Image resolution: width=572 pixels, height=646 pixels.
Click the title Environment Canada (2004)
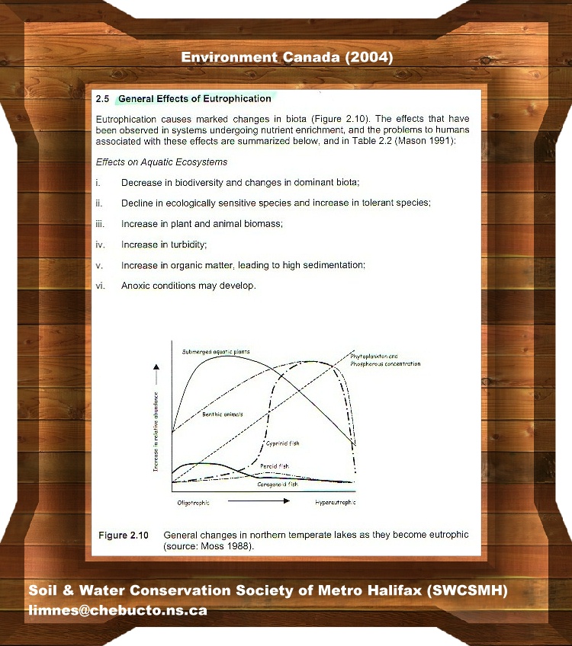(x=286, y=58)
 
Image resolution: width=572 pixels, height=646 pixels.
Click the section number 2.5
(x=103, y=99)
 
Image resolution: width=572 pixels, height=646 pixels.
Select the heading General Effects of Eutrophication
(x=194, y=99)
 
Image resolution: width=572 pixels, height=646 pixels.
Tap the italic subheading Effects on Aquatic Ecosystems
(x=162, y=162)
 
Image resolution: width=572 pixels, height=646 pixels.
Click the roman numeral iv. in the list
(x=100, y=245)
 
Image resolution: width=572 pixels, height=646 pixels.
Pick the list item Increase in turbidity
(x=164, y=245)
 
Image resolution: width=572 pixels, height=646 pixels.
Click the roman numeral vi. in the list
(x=100, y=286)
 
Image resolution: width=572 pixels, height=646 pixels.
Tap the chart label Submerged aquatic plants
(x=217, y=352)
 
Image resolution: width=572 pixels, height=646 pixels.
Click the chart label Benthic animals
(x=222, y=414)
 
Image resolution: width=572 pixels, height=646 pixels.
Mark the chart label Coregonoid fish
(x=278, y=484)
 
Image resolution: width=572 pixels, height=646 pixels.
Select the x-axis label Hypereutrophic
(x=335, y=503)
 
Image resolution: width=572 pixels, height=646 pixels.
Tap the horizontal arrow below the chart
(x=259, y=502)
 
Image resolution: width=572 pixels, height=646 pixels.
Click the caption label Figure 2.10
(x=124, y=536)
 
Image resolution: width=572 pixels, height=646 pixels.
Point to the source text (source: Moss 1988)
(x=208, y=546)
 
